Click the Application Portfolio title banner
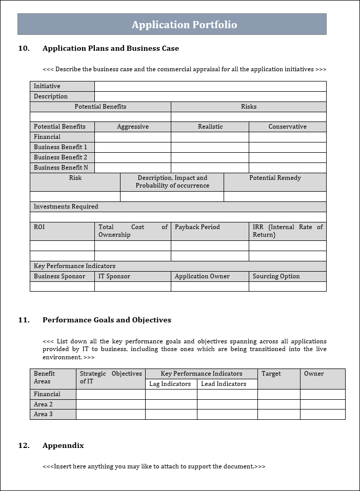(x=184, y=25)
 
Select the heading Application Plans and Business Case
(x=110, y=48)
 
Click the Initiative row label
(x=47, y=86)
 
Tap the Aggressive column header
(x=133, y=127)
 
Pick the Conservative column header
(x=287, y=127)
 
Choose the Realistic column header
(x=210, y=127)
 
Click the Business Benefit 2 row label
(x=61, y=157)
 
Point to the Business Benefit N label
(x=61, y=168)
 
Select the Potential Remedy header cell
(x=275, y=178)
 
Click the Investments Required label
(x=66, y=207)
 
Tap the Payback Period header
(x=197, y=227)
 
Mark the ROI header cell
(x=39, y=227)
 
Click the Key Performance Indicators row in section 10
(x=75, y=266)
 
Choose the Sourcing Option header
(x=276, y=276)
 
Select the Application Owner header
(x=202, y=276)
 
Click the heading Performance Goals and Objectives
(x=107, y=320)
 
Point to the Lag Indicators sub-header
(x=170, y=384)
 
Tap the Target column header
(x=271, y=374)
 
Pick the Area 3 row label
(x=43, y=414)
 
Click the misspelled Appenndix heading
(x=63, y=445)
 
